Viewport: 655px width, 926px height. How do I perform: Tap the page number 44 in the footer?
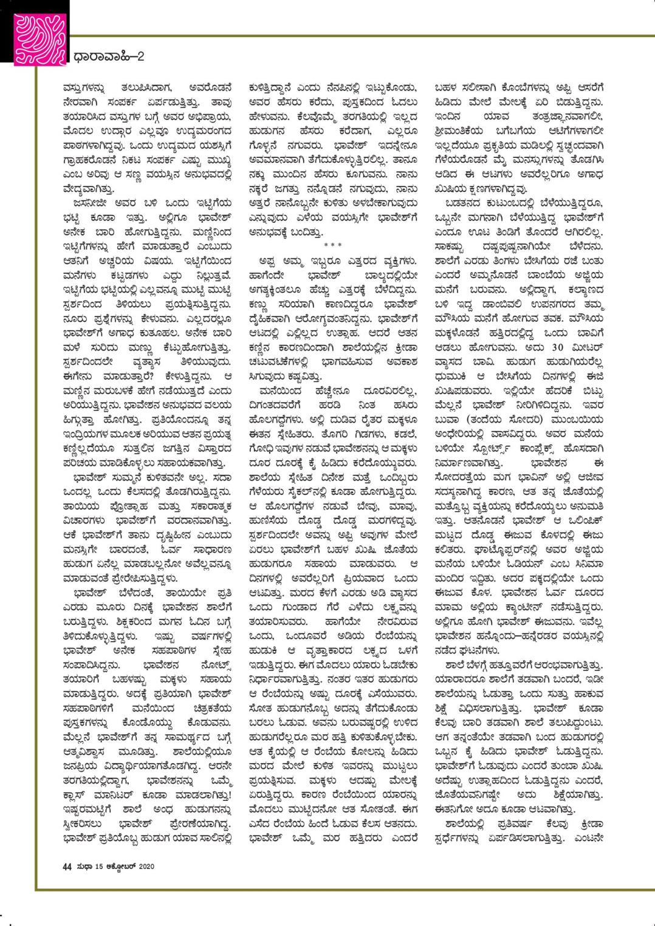coord(67,867)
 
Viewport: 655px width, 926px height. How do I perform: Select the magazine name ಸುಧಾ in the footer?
coord(83,867)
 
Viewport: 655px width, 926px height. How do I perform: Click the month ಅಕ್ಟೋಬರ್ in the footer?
coord(119,867)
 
